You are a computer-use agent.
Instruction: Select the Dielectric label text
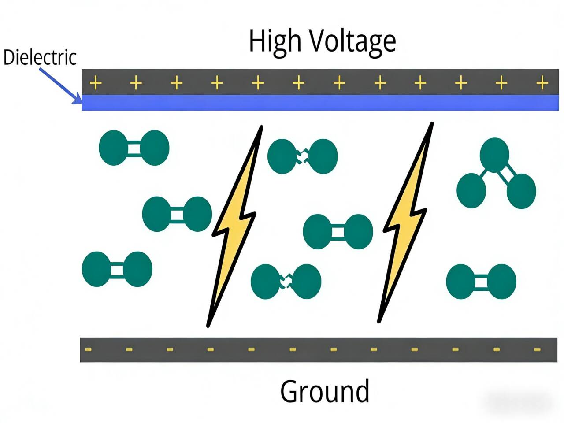coord(40,57)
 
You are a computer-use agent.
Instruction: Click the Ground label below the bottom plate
coord(325,391)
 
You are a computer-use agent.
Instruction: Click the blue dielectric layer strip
coord(320,103)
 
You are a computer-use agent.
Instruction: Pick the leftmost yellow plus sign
coord(96,82)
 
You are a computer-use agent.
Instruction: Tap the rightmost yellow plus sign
coord(542,82)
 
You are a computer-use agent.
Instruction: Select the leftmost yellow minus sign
coord(88,349)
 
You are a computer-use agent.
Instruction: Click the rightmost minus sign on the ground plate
coord(537,349)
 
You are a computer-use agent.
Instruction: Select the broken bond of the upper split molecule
coord(303,156)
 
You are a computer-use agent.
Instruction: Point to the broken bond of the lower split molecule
coord(286,281)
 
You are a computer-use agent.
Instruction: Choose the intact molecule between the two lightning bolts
coord(338,232)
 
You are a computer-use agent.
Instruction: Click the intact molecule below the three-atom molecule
coord(481,282)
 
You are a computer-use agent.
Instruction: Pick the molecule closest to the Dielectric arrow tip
coord(134,148)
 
